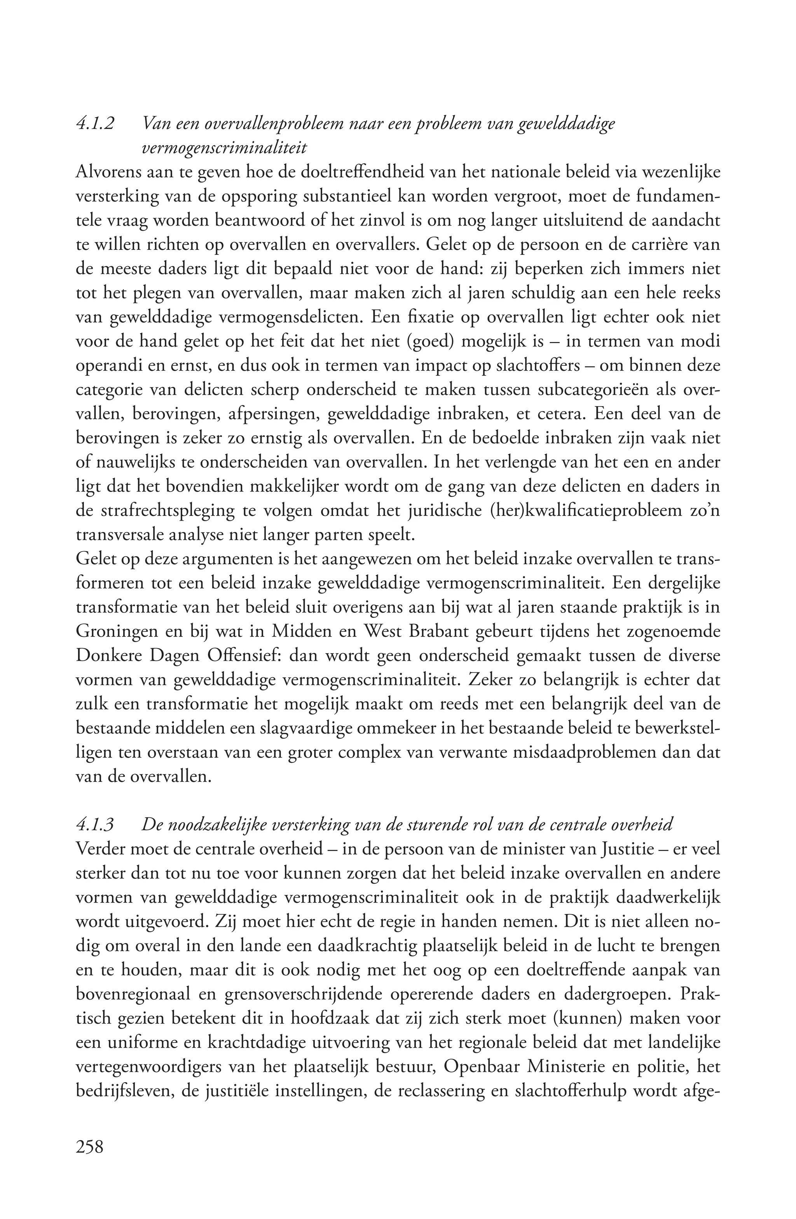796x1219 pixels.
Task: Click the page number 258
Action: (x=90, y=1146)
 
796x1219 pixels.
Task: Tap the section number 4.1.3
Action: (x=95, y=825)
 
